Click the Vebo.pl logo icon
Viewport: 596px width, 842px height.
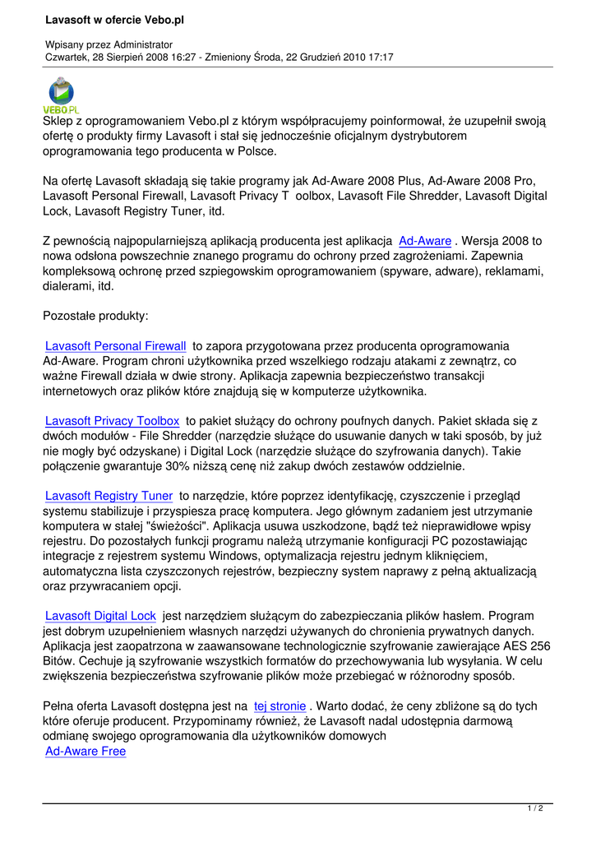[61, 94]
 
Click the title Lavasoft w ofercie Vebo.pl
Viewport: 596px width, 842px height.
[115, 19]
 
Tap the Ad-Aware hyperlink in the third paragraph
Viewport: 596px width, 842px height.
[424, 241]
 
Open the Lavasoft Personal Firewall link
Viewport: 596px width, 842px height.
[116, 346]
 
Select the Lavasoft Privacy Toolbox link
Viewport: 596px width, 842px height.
[112, 421]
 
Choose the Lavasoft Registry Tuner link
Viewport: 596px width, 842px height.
[109, 496]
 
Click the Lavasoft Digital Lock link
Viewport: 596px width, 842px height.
[100, 615]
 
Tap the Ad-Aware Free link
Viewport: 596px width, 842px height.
[85, 751]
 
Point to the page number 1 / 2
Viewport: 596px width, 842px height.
[534, 809]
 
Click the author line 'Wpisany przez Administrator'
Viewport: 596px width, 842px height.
[109, 44]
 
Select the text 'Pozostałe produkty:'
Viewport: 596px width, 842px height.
[95, 316]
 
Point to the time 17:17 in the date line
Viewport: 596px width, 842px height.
[379, 57]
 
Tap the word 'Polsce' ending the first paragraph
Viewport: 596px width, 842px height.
[255, 151]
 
